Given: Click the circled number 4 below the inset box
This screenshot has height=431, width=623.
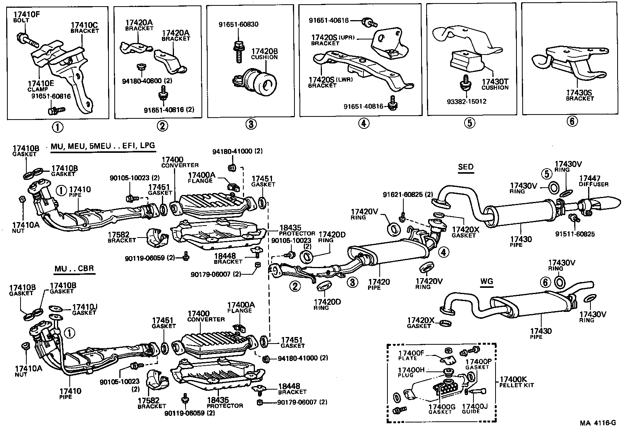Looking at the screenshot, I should [x=364, y=123].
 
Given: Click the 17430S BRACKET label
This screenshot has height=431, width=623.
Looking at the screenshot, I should [x=580, y=96].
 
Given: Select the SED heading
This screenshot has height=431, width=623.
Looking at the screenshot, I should [x=466, y=167].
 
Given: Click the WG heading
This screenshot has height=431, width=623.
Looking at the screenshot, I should [x=486, y=282].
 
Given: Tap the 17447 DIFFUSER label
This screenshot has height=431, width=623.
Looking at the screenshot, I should [x=594, y=181].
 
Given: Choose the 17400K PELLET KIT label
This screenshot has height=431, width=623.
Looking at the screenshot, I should [x=517, y=382].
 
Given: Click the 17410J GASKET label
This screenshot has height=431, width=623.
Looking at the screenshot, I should [x=84, y=310].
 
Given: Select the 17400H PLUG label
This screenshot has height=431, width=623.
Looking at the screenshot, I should [x=411, y=372].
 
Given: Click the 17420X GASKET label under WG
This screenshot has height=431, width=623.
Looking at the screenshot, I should [x=421, y=323].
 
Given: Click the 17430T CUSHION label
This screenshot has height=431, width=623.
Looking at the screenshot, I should [x=495, y=85].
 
